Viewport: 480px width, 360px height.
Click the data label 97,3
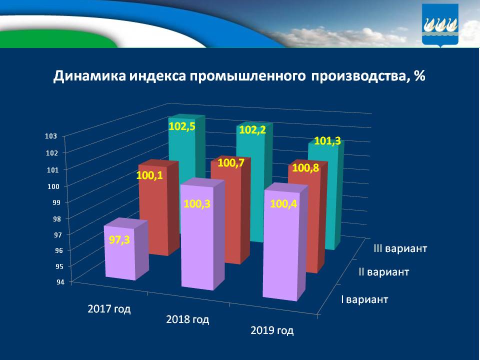click(x=119, y=240)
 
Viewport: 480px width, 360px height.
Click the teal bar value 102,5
click(x=181, y=126)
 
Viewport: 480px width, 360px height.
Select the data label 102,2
click(x=252, y=129)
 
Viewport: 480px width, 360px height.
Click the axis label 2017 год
click(x=109, y=308)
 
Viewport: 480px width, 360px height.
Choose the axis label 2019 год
click(x=272, y=330)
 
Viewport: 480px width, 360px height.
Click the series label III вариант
click(x=399, y=248)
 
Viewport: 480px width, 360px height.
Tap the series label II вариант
click(x=384, y=272)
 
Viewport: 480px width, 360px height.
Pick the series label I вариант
click(x=364, y=300)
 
